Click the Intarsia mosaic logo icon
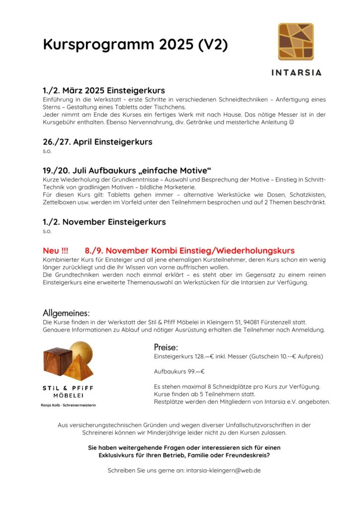click(x=296, y=41)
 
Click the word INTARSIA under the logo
click(x=296, y=72)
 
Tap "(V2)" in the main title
click(x=213, y=45)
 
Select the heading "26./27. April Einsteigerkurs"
click(x=97, y=142)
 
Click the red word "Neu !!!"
click(x=56, y=251)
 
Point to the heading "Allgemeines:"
click(x=66, y=313)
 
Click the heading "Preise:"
click(x=166, y=347)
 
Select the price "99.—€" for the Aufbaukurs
click(x=195, y=371)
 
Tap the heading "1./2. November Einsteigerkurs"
click(x=104, y=222)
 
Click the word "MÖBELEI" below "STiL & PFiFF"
click(x=68, y=396)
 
